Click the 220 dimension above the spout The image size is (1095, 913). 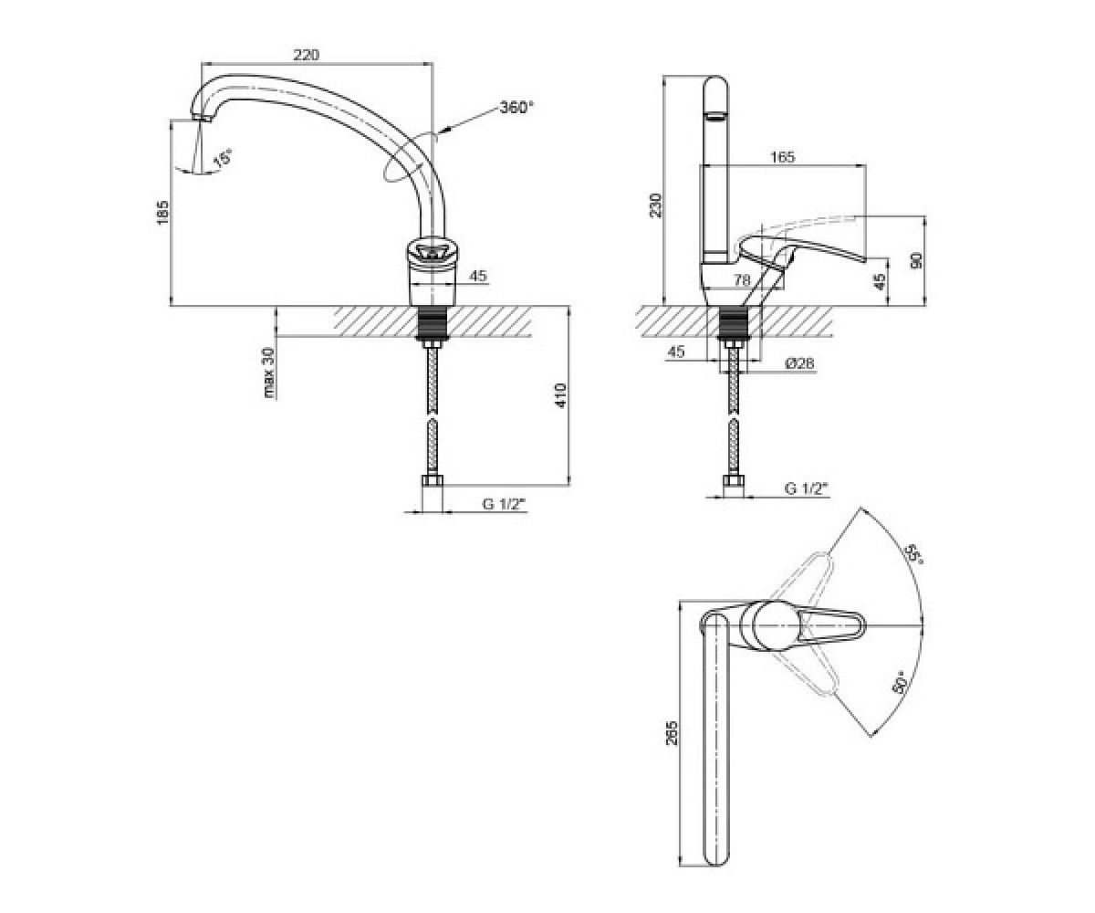[x=306, y=54]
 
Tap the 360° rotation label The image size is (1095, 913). [x=516, y=108]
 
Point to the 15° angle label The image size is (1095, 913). [x=222, y=159]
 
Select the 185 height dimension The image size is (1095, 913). [x=163, y=213]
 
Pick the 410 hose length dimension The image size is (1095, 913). [x=560, y=396]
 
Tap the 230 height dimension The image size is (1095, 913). [x=656, y=205]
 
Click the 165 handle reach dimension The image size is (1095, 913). [x=782, y=157]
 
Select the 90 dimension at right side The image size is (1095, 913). [x=916, y=261]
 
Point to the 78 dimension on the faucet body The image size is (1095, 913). [x=742, y=280]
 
